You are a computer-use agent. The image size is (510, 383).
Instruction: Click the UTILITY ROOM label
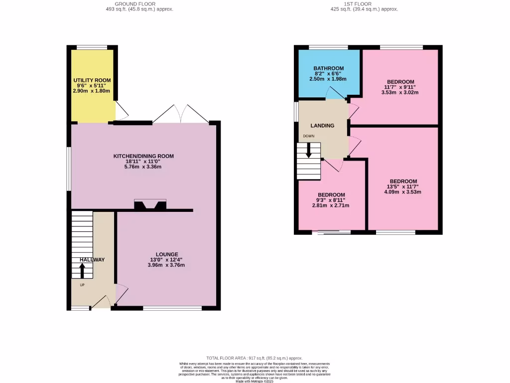(92, 80)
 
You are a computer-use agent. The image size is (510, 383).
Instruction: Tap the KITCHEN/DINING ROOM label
(143, 156)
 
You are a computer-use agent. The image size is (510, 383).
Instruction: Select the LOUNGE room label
(166, 254)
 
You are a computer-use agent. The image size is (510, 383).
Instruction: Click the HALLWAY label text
(92, 260)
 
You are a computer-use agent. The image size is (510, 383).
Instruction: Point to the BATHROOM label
(329, 68)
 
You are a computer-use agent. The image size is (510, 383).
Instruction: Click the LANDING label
(323, 126)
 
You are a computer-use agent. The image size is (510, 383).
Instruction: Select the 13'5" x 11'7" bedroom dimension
(403, 187)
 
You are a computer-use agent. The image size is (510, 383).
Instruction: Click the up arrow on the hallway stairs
(82, 270)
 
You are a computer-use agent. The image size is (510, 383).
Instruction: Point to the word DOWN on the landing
(308, 136)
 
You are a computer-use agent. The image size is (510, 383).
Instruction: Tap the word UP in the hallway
(82, 285)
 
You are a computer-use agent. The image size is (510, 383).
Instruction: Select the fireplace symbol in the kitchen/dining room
(150, 204)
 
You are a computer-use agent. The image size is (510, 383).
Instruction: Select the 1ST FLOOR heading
(357, 4)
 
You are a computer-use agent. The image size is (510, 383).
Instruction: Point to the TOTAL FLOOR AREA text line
(255, 358)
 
